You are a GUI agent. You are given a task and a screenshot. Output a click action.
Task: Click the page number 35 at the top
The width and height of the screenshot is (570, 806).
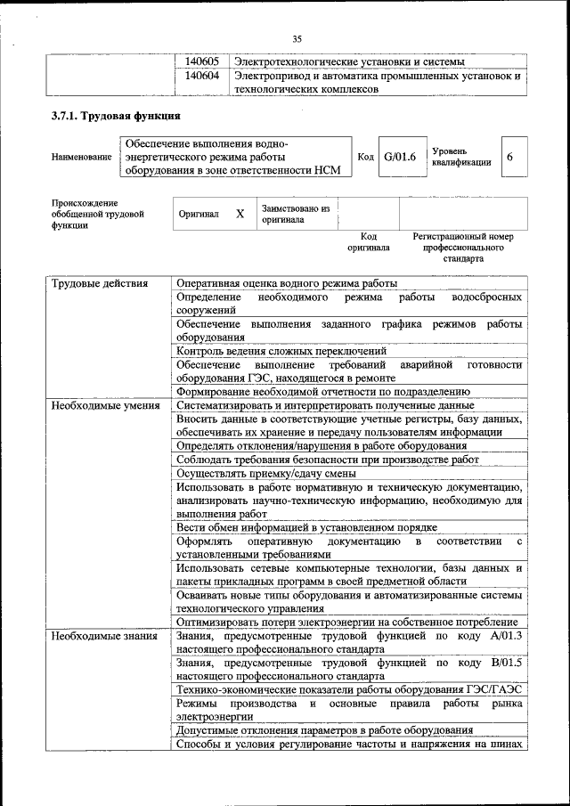pos(297,37)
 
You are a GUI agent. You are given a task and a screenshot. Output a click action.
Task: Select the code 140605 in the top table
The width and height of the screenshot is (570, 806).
pos(201,61)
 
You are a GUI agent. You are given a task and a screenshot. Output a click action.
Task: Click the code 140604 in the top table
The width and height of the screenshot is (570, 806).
pos(201,77)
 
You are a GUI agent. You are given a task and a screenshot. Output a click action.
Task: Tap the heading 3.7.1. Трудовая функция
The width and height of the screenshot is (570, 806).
pos(116,117)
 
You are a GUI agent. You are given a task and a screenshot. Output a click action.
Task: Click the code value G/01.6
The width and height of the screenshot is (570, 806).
pos(400,157)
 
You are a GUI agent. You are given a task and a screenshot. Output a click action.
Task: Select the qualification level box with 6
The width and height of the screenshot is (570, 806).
pos(510,157)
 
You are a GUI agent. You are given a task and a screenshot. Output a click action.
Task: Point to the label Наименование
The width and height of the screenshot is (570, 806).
pos(82,158)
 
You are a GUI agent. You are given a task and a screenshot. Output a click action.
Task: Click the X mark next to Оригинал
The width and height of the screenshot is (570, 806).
pos(240,215)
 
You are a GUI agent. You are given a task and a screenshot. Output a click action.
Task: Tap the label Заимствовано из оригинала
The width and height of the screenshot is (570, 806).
pos(295,214)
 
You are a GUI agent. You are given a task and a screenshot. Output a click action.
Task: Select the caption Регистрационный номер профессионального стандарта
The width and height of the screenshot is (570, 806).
pos(462,248)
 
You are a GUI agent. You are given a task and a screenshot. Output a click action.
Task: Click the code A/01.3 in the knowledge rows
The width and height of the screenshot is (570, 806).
pos(503,637)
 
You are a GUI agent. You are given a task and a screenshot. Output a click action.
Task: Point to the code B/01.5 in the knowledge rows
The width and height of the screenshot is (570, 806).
pos(503,663)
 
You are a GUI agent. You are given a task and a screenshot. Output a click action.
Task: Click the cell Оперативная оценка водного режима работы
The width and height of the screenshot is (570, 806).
pos(287,284)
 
